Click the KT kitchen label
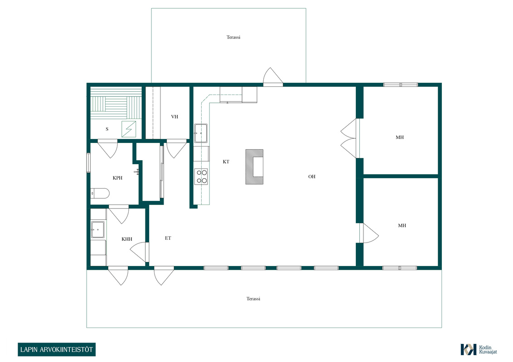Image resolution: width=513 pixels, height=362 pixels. [226, 162]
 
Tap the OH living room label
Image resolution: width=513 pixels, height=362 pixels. [312, 176]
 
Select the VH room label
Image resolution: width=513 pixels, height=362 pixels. [174, 117]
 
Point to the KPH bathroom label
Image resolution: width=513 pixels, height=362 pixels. [117, 178]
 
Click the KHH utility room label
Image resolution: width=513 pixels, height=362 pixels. [127, 239]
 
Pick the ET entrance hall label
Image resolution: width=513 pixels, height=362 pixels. [168, 238]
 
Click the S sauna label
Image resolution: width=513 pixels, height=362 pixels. [107, 129]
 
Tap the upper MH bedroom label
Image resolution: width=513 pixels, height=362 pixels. [399, 137]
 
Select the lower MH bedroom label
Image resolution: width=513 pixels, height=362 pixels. [402, 225]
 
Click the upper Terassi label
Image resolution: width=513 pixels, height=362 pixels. [233, 37]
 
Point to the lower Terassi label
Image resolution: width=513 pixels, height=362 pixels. [253, 299]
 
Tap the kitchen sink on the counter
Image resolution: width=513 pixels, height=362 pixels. [201, 133]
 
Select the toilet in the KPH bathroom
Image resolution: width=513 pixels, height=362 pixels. [99, 193]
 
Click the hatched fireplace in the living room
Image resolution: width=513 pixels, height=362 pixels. [255, 167]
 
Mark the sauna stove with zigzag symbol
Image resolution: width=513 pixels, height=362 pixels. [129, 129]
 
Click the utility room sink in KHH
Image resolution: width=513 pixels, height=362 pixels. [98, 230]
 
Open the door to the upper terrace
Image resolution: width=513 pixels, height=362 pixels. [273, 76]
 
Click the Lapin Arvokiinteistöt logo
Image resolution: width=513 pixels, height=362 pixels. [57, 350]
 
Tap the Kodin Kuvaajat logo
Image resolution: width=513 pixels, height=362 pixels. [479, 350]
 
